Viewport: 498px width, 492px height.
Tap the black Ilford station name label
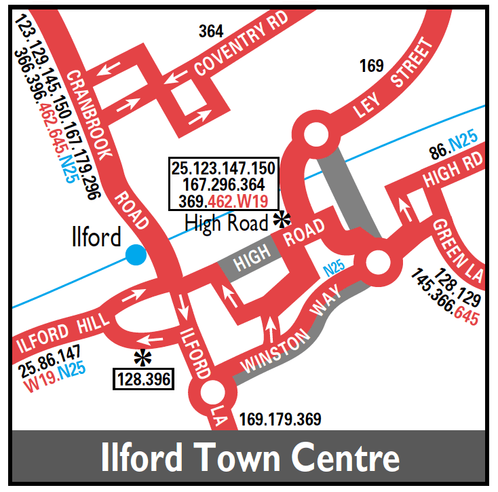pos(96,237)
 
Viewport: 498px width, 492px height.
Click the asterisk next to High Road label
pos(280,219)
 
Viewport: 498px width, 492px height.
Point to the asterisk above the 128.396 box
pos(142,357)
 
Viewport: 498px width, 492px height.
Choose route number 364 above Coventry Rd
pos(211,31)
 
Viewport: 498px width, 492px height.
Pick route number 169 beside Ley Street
pos(372,66)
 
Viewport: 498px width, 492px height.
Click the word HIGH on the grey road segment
pos(251,258)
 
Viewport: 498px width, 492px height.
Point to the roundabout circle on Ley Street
pos(316,136)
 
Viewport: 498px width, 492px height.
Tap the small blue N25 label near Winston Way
pos(334,269)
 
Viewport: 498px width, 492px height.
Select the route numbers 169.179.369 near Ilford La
pos(280,419)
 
